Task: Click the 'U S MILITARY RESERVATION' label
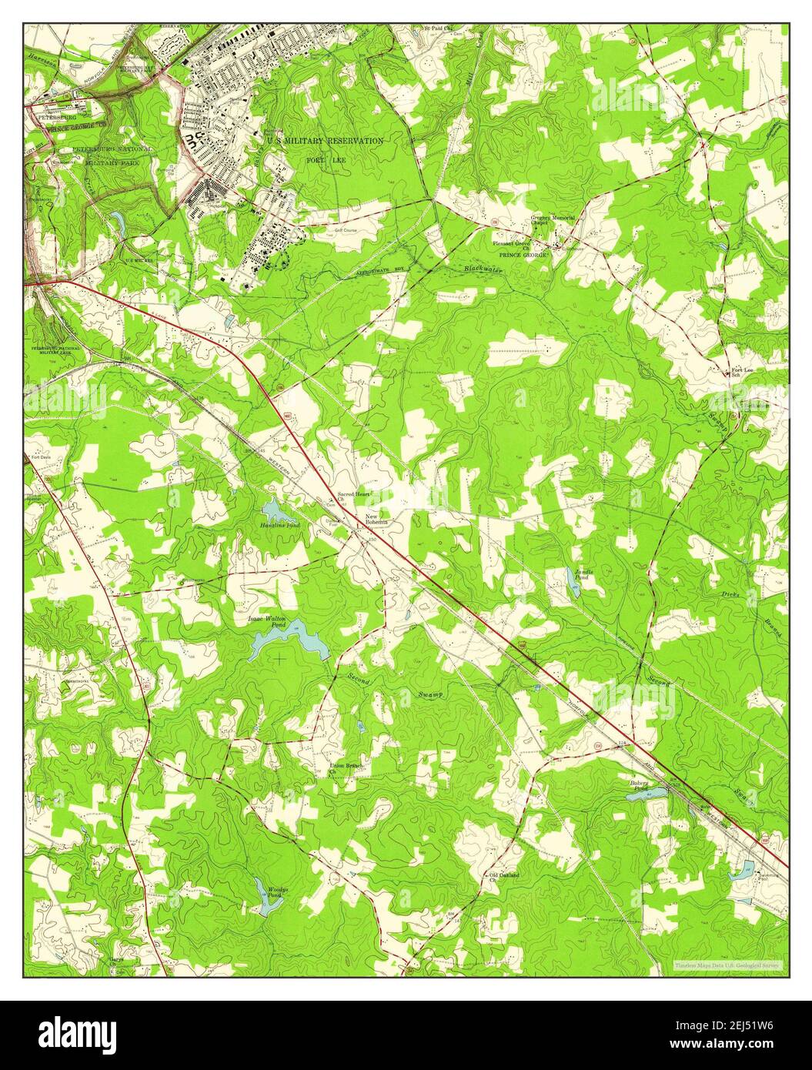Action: pos(324,141)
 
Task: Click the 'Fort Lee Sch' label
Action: pos(741,373)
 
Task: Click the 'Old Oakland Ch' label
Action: pos(504,877)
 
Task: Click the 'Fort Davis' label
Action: pos(43,457)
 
